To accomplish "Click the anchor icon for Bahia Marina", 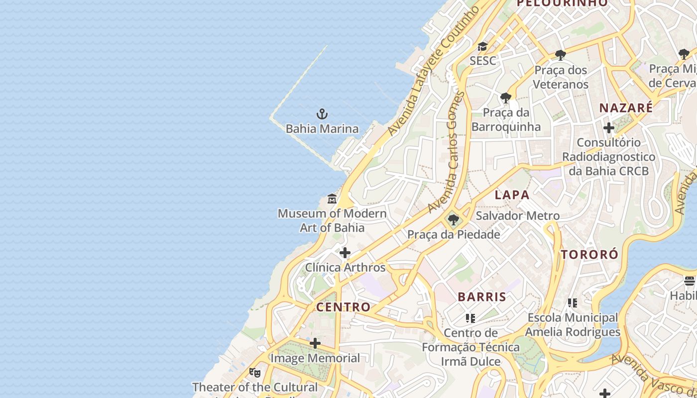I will click(x=322, y=114).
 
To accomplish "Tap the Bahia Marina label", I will click(x=322, y=129).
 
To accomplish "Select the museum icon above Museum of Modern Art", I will click(x=332, y=199).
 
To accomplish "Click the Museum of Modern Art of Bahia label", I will click(x=332, y=220).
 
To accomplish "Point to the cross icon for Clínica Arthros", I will click(x=345, y=253).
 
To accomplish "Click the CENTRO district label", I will click(x=344, y=307).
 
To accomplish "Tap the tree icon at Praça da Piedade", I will click(x=453, y=219).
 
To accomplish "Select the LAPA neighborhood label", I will click(x=512, y=195).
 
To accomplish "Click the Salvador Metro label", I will click(x=518, y=216).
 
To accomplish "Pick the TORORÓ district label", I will click(x=589, y=255).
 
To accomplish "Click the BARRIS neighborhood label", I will click(x=482, y=297).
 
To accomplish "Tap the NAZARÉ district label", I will click(x=626, y=108).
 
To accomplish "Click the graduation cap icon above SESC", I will click(x=482, y=47).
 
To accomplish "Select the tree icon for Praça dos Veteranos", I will click(x=561, y=55).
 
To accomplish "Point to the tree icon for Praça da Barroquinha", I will click(x=506, y=98).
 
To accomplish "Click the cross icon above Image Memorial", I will click(x=315, y=343).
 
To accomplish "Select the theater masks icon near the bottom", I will click(x=255, y=372).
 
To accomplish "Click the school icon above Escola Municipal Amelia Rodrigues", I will click(x=573, y=302).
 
